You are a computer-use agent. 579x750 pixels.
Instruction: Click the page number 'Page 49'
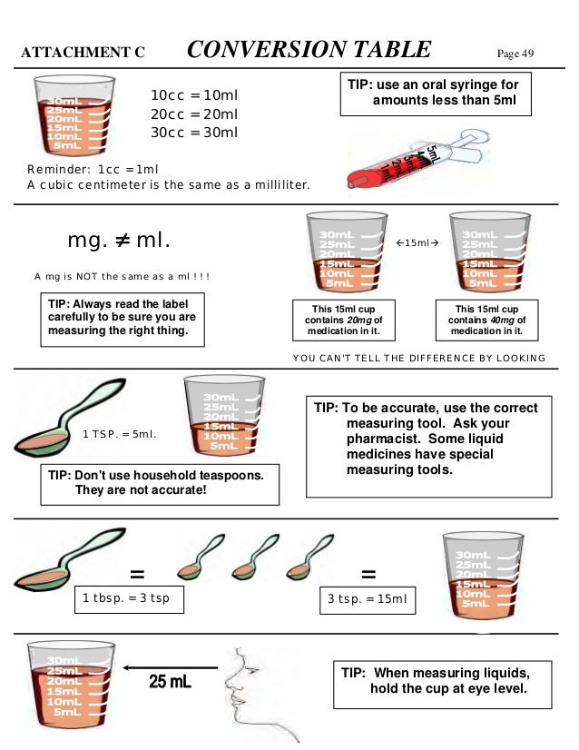[x=515, y=54]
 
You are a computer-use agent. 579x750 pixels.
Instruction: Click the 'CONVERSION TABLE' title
[x=309, y=49]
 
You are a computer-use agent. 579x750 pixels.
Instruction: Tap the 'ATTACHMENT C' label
[x=83, y=52]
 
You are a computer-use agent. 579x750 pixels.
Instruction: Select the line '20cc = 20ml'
[x=194, y=114]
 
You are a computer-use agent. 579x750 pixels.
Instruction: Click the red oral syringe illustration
[x=417, y=160]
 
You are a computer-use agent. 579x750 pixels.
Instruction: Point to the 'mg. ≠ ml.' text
[x=119, y=240]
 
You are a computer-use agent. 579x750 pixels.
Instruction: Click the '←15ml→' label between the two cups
[x=417, y=243]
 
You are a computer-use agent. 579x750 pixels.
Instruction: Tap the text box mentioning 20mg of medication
[x=344, y=320]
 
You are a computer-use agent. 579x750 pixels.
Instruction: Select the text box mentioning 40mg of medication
[x=486, y=320]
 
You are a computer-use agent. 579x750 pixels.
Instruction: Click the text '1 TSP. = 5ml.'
[x=120, y=434]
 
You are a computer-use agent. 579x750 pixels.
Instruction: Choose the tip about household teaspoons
[x=160, y=485]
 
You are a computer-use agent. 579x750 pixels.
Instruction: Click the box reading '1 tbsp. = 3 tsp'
[x=129, y=599]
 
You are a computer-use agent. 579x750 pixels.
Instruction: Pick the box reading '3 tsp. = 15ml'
[x=368, y=600]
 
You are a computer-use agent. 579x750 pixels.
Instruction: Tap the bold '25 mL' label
[x=170, y=681]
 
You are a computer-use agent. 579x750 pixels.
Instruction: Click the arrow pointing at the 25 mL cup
[x=171, y=667]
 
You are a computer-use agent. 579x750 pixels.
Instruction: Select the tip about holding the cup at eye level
[x=442, y=685]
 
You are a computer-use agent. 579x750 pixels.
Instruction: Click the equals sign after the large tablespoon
[x=137, y=574]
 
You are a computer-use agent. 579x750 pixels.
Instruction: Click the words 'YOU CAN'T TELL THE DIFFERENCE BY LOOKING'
[x=419, y=359]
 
